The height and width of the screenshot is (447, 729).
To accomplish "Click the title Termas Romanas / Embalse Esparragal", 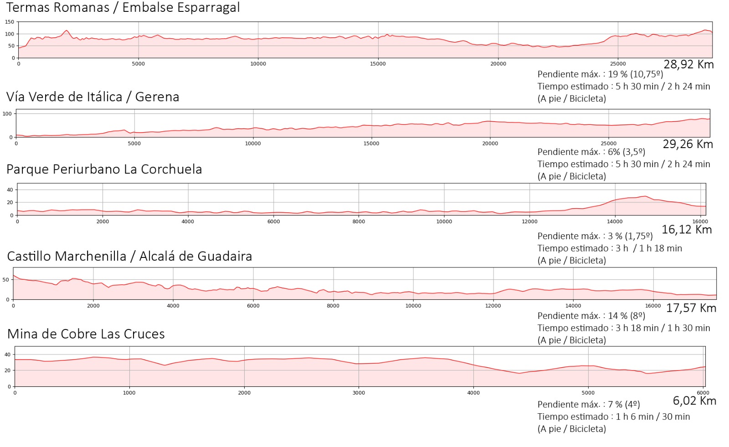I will (x=123, y=8).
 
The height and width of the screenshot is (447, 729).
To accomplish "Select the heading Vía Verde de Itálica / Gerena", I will (x=93, y=97).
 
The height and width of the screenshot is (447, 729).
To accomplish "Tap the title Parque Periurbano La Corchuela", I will (x=104, y=169).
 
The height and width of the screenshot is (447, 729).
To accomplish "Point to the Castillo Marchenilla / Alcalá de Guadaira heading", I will (x=130, y=256).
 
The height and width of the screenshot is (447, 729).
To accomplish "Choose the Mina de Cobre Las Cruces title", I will (x=86, y=334).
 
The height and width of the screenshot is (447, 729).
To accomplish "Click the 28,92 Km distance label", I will (x=688, y=65).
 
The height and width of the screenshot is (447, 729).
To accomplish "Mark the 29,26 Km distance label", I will (x=688, y=144).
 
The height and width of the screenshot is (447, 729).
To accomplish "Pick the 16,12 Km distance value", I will (x=687, y=230).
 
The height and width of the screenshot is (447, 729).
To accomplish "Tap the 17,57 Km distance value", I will (x=691, y=308).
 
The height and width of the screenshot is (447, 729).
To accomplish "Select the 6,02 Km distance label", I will (x=694, y=401).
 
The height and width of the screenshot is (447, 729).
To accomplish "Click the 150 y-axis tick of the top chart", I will (x=10, y=22).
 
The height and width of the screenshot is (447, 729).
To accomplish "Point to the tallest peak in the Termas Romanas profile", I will (x=67, y=31).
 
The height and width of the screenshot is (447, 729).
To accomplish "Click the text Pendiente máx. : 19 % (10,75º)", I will (x=600, y=74).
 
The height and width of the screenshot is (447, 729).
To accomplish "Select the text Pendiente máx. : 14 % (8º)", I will (x=591, y=316).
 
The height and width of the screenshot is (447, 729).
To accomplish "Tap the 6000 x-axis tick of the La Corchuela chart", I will (x=273, y=221).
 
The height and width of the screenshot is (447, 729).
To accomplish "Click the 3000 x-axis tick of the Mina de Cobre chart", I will (x=359, y=393).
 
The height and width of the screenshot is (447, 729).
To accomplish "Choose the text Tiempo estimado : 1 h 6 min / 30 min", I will (x=613, y=416).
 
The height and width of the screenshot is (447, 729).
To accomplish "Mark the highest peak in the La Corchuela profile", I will (x=645, y=196).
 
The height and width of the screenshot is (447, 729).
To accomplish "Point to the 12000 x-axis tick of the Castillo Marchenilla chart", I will (x=493, y=306).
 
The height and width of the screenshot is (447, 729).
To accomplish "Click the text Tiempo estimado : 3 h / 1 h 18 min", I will (x=610, y=248).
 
